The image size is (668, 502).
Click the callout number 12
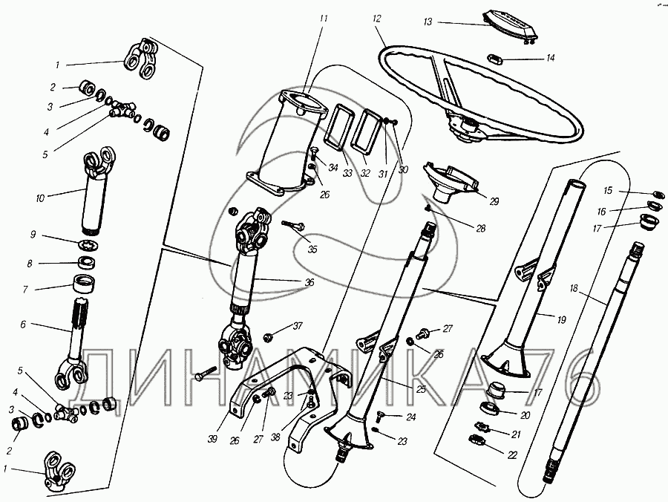pos(376,18)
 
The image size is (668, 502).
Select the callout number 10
pos(39,198)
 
